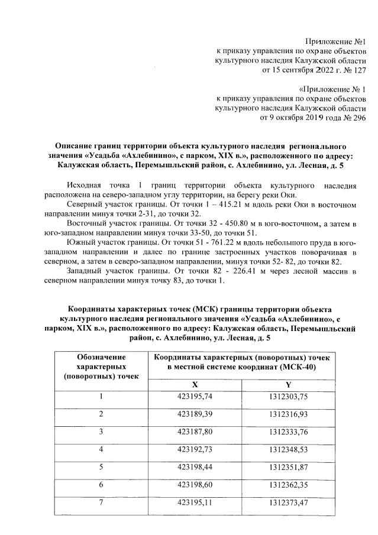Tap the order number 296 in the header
coord(359,118)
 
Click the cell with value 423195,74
coord(195,397)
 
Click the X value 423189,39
coord(195,413)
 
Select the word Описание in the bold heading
coord(74,145)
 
